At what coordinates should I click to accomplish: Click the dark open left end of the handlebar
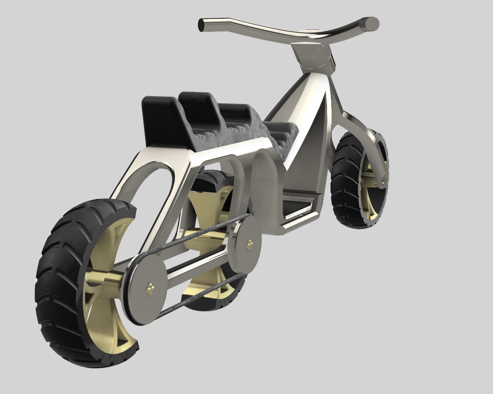[201, 25]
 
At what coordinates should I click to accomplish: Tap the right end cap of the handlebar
[372, 23]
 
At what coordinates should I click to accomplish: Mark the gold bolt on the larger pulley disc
[149, 287]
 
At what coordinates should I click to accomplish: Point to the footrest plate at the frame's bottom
[300, 215]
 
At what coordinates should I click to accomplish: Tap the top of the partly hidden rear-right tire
[214, 177]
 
